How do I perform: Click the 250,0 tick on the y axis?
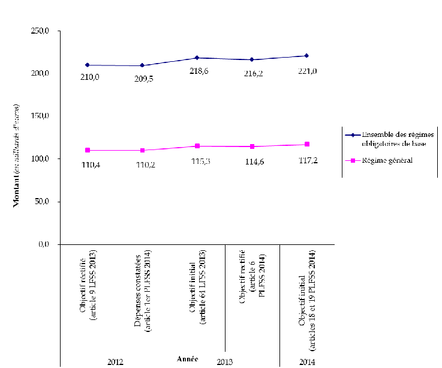[x=49, y=30]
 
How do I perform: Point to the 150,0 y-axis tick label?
[x=49, y=116]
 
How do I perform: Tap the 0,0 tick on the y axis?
[x=52, y=244]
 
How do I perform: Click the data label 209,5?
[x=143, y=78]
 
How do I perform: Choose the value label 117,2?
[x=308, y=161]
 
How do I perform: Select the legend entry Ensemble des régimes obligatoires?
[x=393, y=138]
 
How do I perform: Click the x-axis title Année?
[x=187, y=358]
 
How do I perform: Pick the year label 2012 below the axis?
[x=115, y=363]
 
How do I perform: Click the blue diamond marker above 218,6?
[x=197, y=58]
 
